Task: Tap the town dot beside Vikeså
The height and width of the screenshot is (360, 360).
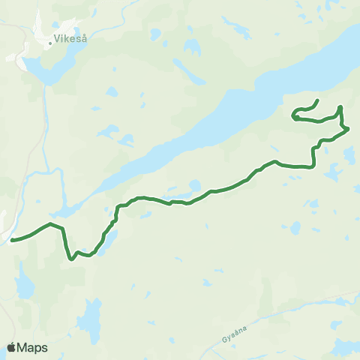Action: click(50, 43)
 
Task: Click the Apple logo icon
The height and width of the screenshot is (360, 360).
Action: click(12, 347)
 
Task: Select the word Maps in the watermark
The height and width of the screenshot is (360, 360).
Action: click(33, 347)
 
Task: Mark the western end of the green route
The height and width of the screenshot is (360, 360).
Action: click(12, 241)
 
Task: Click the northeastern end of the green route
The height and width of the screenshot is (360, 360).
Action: click(317, 100)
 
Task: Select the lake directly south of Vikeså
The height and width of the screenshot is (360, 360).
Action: click(41, 70)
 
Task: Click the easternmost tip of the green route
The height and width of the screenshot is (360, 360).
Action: click(349, 129)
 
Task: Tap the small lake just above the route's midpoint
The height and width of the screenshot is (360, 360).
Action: click(194, 184)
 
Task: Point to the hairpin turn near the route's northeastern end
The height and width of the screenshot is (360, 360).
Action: click(295, 116)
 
